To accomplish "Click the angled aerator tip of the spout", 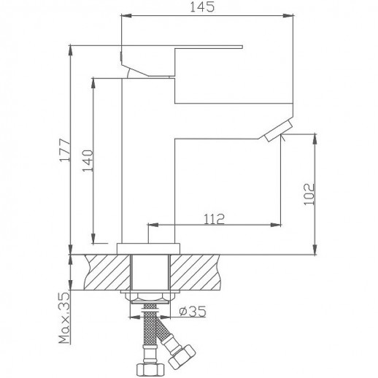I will tap(277, 132).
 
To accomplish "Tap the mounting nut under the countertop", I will tap(150, 296).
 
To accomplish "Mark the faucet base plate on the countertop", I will tap(150, 247).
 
